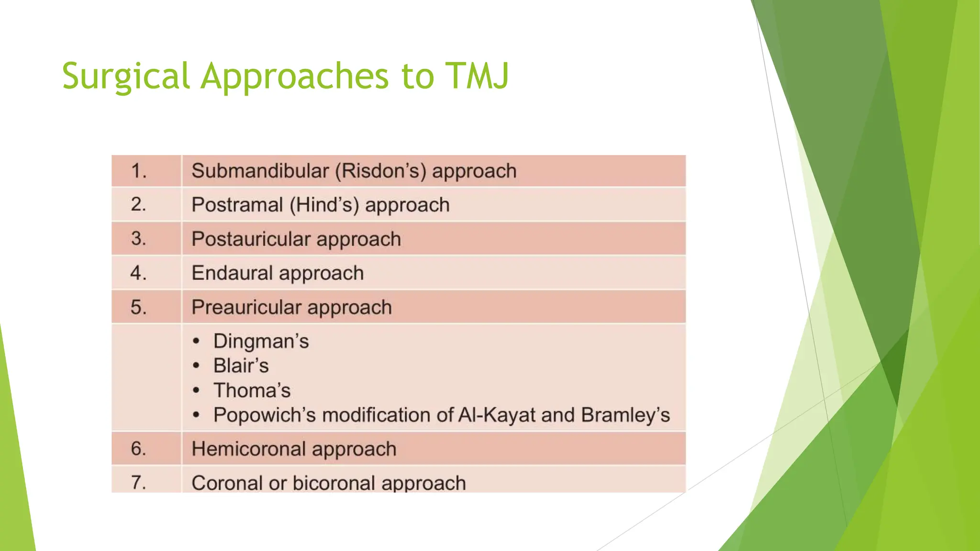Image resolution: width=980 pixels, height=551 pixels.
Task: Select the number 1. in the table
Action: point(139,171)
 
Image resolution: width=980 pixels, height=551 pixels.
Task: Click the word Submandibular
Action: point(260,171)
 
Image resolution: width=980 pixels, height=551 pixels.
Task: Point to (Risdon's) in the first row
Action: point(380,171)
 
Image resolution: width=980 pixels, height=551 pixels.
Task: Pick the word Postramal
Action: point(237,205)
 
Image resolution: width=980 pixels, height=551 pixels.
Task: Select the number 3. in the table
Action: point(139,239)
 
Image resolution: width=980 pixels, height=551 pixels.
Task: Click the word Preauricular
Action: point(246,307)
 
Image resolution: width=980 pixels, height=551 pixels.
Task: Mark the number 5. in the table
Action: point(139,307)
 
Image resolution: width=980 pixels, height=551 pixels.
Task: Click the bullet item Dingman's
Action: point(261,342)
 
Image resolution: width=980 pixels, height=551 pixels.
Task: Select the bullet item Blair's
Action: point(241,366)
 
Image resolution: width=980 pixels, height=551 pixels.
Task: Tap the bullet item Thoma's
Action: point(252,391)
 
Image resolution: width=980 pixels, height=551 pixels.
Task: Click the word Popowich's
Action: point(265,415)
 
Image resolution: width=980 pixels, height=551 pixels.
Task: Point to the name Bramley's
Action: point(625,415)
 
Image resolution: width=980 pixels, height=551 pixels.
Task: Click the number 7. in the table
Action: point(139,482)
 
